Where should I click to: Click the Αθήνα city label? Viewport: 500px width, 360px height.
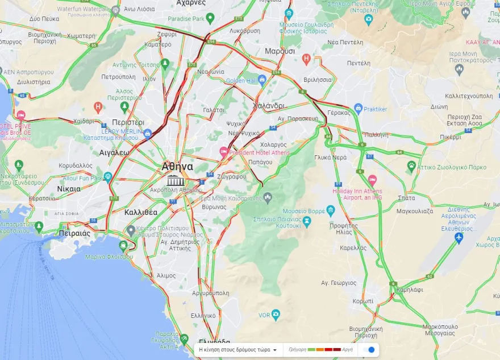(177, 167)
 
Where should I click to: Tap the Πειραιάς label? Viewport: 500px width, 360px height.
(74, 233)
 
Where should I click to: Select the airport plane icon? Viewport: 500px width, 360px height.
(459, 238)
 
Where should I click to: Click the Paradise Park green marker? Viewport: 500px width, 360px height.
(210, 19)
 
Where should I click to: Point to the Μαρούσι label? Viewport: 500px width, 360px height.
(280, 51)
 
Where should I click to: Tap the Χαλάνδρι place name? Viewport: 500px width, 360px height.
(268, 106)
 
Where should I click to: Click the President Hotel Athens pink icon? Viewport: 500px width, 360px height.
(224, 152)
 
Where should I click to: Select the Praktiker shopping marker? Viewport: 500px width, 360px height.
(358, 108)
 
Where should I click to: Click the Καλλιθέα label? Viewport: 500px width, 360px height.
(140, 212)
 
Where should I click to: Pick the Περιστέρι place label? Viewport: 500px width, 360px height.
(128, 122)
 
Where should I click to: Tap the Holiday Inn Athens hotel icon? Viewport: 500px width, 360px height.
(372, 179)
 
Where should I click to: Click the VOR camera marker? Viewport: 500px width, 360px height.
(276, 314)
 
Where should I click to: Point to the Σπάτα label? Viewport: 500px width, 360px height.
(407, 198)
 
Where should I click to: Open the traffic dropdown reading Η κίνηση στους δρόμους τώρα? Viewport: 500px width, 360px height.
(238, 350)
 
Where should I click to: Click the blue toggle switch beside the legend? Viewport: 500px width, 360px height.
(370, 350)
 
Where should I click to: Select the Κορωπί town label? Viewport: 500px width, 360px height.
(363, 301)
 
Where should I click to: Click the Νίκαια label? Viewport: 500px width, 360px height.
(69, 188)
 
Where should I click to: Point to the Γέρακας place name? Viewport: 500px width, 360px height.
(339, 113)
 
